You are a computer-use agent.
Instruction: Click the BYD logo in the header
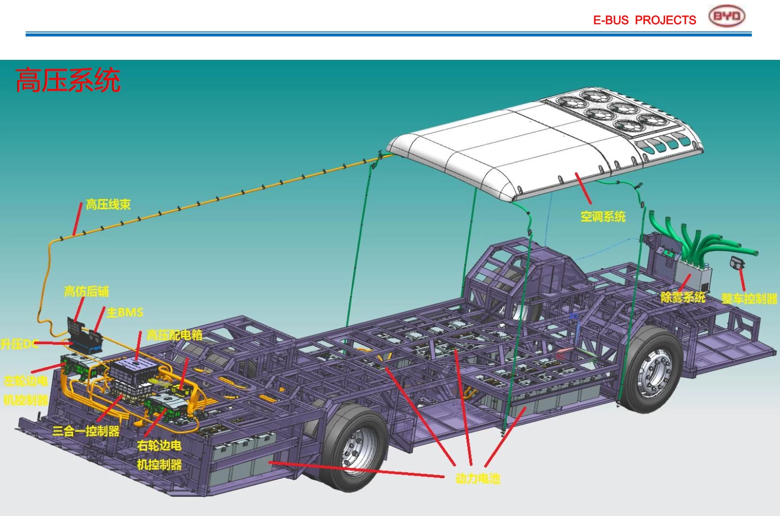(726, 16)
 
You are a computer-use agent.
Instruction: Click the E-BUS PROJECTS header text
(644, 20)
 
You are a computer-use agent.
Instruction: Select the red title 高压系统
(68, 80)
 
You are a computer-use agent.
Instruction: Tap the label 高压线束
(108, 205)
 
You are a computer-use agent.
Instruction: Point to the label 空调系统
(603, 217)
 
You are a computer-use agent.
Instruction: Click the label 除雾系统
(683, 298)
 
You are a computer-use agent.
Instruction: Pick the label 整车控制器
(749, 299)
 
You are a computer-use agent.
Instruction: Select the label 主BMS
(125, 312)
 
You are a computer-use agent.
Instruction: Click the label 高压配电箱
(175, 335)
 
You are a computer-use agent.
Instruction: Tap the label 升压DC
(19, 344)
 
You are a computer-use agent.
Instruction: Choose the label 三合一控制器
(86, 431)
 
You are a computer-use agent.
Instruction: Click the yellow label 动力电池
(478, 479)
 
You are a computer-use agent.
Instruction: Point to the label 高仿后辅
(87, 291)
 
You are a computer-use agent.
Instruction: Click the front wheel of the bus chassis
(653, 369)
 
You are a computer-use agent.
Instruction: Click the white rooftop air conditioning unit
(543, 143)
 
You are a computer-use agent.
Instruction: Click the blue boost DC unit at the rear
(87, 344)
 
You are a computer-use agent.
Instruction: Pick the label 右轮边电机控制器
(159, 455)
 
